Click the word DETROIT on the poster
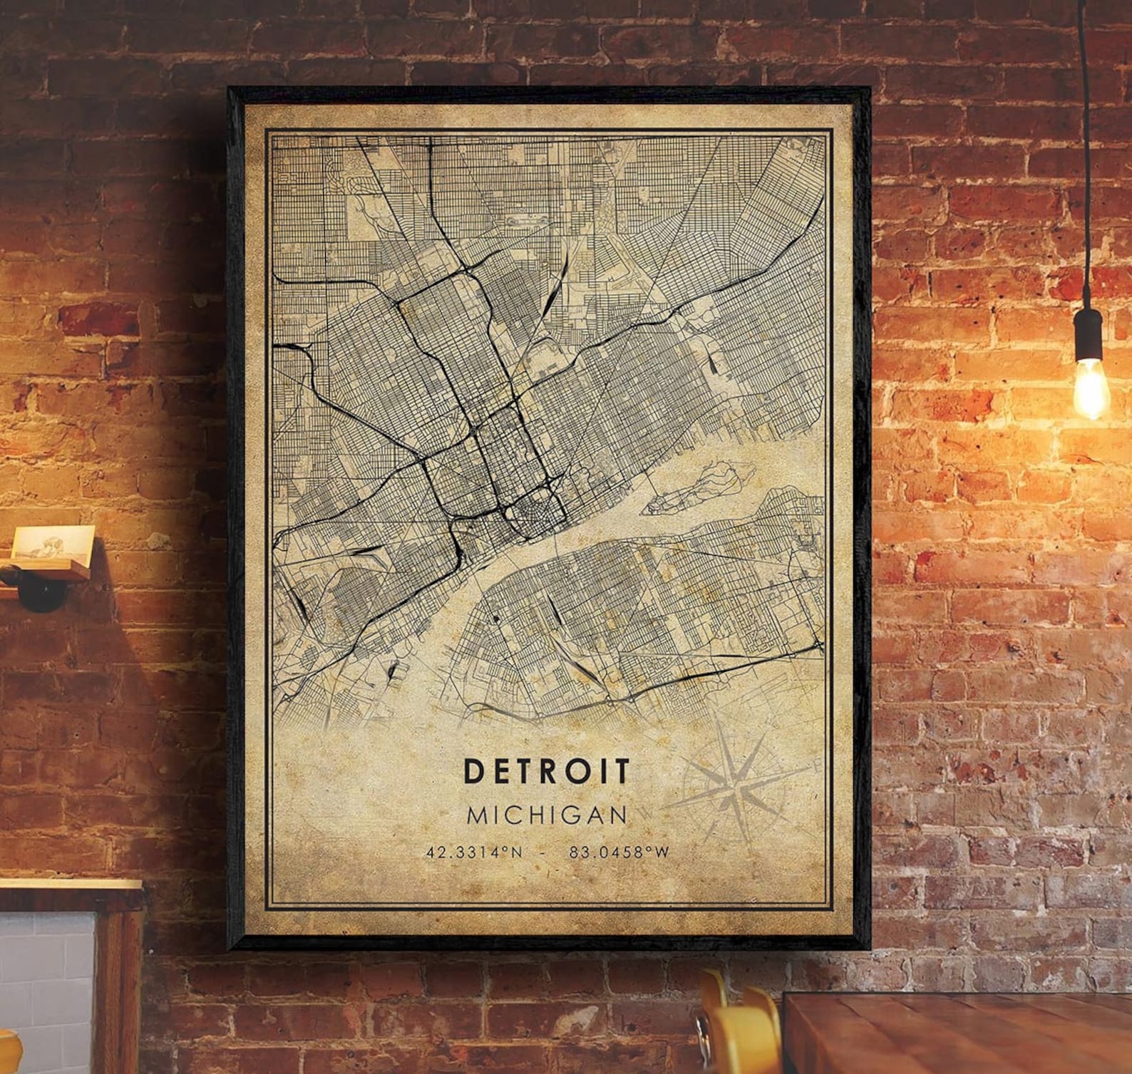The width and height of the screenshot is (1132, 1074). pos(547,770)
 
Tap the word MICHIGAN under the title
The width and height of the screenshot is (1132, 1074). pos(547,815)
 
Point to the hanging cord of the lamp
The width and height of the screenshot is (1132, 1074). pos(1086,143)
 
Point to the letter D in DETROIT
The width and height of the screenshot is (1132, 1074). pos(473,770)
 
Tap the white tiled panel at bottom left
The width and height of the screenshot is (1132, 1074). pos(43,991)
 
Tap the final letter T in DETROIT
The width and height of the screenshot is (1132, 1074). pos(622,770)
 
